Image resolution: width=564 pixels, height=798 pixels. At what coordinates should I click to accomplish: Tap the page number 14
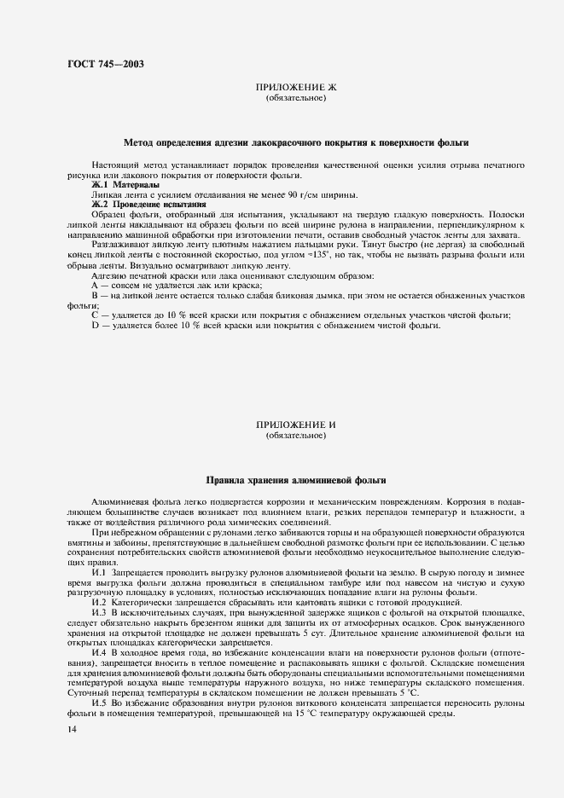tap(73, 730)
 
